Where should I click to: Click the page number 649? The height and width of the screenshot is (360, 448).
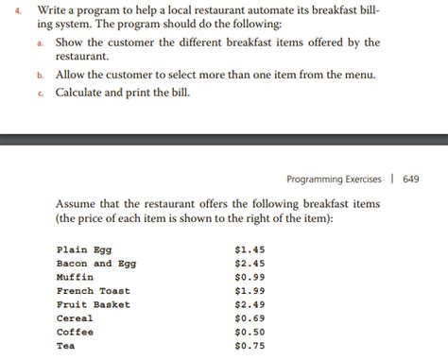(x=411, y=179)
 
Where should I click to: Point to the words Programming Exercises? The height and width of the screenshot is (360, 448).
(x=336, y=179)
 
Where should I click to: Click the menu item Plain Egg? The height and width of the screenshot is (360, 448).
(x=84, y=249)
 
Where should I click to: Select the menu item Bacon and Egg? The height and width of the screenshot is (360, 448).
(x=96, y=264)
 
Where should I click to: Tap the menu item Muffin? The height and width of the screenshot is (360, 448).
(x=75, y=277)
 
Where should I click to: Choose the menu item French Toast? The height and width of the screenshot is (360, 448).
(x=94, y=291)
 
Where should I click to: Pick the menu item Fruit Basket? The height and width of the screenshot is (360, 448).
(x=94, y=304)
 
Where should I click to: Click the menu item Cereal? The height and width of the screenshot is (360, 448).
(x=75, y=318)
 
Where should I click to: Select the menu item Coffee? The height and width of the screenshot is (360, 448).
(x=75, y=332)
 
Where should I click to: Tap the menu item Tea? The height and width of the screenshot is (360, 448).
(x=65, y=346)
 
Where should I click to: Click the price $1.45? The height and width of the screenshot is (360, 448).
(x=248, y=249)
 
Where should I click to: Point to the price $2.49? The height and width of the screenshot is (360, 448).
(x=248, y=304)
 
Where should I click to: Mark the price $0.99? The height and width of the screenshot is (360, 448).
(x=248, y=277)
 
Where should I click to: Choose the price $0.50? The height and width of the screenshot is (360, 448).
(x=248, y=332)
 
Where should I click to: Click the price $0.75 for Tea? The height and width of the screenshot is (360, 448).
(x=248, y=346)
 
